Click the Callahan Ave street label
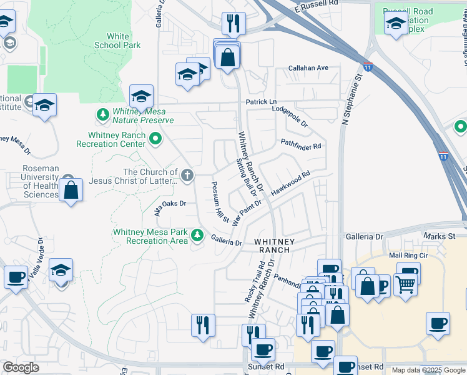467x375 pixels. pos(308,67)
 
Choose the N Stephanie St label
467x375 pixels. pos(351,100)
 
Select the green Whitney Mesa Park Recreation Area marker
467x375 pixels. pos(197,235)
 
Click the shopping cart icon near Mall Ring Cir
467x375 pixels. pos(406,284)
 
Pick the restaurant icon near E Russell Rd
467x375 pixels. pos(234,24)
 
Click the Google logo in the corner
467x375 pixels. pos(21,367)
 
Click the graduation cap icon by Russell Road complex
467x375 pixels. pos(396,25)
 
